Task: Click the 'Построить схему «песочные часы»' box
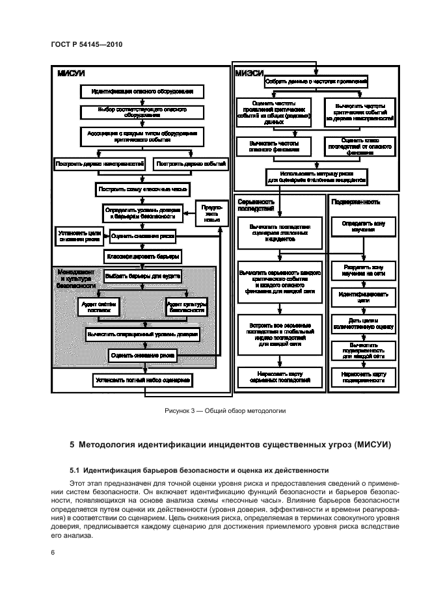tap(142, 191)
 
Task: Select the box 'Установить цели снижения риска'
tap(79, 235)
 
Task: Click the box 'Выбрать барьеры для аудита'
tap(142, 276)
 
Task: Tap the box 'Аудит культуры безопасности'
tap(186, 306)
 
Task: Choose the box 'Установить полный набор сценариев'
tap(142, 379)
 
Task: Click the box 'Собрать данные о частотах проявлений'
tap(316, 82)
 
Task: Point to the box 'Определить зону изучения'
tap(362, 226)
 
